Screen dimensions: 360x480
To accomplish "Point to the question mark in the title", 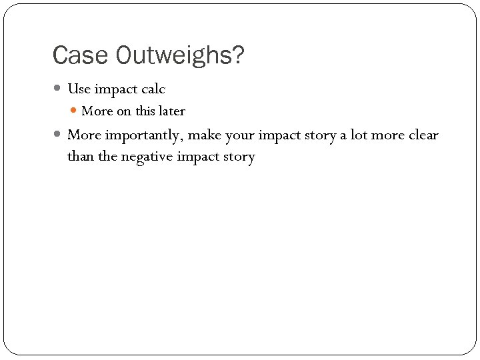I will point(238,56).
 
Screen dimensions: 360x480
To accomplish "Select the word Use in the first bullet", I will point(79,89).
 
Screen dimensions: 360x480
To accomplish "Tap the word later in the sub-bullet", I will point(172,111).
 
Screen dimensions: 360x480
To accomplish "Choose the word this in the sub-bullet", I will point(145,111).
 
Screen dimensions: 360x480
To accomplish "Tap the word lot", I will point(359,135).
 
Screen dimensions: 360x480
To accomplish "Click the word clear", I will point(423,135).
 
